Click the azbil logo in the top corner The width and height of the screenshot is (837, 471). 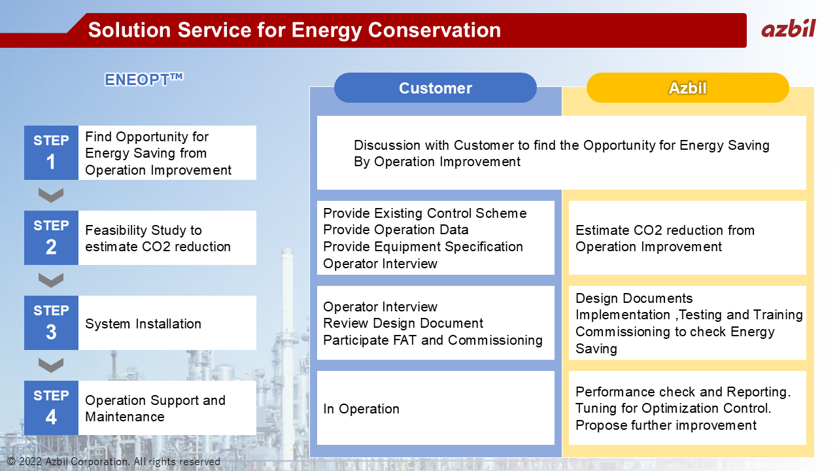pyautogui.click(x=789, y=29)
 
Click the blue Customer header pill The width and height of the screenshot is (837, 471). pyautogui.click(x=436, y=88)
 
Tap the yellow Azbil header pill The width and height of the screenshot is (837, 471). pyautogui.click(x=687, y=88)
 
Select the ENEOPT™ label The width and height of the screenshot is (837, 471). pyautogui.click(x=144, y=79)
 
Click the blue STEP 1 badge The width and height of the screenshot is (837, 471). pyautogui.click(x=51, y=152)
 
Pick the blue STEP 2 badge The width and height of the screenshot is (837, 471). pyautogui.click(x=51, y=237)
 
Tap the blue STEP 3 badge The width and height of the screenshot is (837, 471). pyautogui.click(x=51, y=323)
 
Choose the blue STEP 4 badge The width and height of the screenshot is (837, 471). pyautogui.click(x=51, y=408)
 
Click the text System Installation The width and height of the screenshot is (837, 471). pyautogui.click(x=143, y=324)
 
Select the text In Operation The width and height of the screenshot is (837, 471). pyautogui.click(x=362, y=409)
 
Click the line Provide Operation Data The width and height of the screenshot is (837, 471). pyautogui.click(x=396, y=230)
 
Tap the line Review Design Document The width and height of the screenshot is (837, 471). pyautogui.click(x=403, y=323)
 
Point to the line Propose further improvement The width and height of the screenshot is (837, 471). pyautogui.click(x=666, y=425)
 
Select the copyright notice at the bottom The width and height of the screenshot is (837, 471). pyautogui.click(x=114, y=462)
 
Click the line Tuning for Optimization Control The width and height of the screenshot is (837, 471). pyautogui.click(x=674, y=408)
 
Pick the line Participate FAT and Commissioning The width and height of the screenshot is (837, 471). pyautogui.click(x=433, y=340)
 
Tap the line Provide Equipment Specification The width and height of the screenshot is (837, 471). pyautogui.click(x=423, y=247)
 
